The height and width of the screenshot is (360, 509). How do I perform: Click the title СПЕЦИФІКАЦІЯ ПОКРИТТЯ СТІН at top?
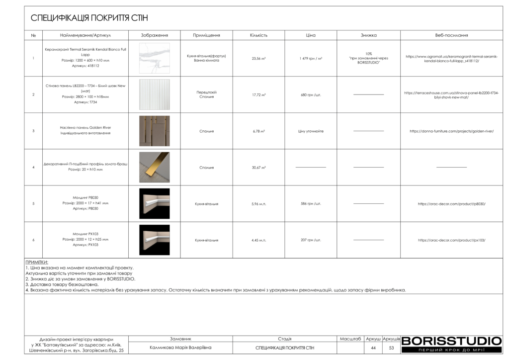tap(89, 18)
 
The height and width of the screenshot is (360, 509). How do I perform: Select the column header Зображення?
tap(154, 35)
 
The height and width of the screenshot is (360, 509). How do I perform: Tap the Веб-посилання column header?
tap(451, 35)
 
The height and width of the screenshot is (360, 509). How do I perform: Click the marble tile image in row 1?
tap(154, 58)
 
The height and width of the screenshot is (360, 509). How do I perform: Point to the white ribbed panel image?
tap(154, 94)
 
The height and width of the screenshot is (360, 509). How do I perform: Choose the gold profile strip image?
tap(154, 167)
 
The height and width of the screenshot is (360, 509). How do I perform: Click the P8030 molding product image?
tap(154, 203)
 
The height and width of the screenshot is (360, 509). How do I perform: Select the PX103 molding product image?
tap(154, 240)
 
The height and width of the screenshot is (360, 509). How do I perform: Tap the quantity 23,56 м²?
tap(258, 58)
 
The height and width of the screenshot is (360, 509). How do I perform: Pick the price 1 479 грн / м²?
tap(311, 58)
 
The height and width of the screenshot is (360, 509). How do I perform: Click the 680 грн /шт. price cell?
tap(311, 94)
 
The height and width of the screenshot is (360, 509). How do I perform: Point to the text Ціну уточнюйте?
tap(311, 131)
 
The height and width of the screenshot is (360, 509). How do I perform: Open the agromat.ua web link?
tap(451, 58)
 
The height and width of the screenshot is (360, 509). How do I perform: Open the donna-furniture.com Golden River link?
tap(451, 131)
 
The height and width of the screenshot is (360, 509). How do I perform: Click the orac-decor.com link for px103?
tap(451, 240)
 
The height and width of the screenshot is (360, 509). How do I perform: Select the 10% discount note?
tap(368, 58)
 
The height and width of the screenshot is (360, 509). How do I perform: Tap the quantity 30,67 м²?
tap(258, 168)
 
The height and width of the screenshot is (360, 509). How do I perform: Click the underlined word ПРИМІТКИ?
tap(37, 262)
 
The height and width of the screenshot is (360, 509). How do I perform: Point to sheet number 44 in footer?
tap(373, 348)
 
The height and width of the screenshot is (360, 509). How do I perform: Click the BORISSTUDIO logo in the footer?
tap(451, 342)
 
